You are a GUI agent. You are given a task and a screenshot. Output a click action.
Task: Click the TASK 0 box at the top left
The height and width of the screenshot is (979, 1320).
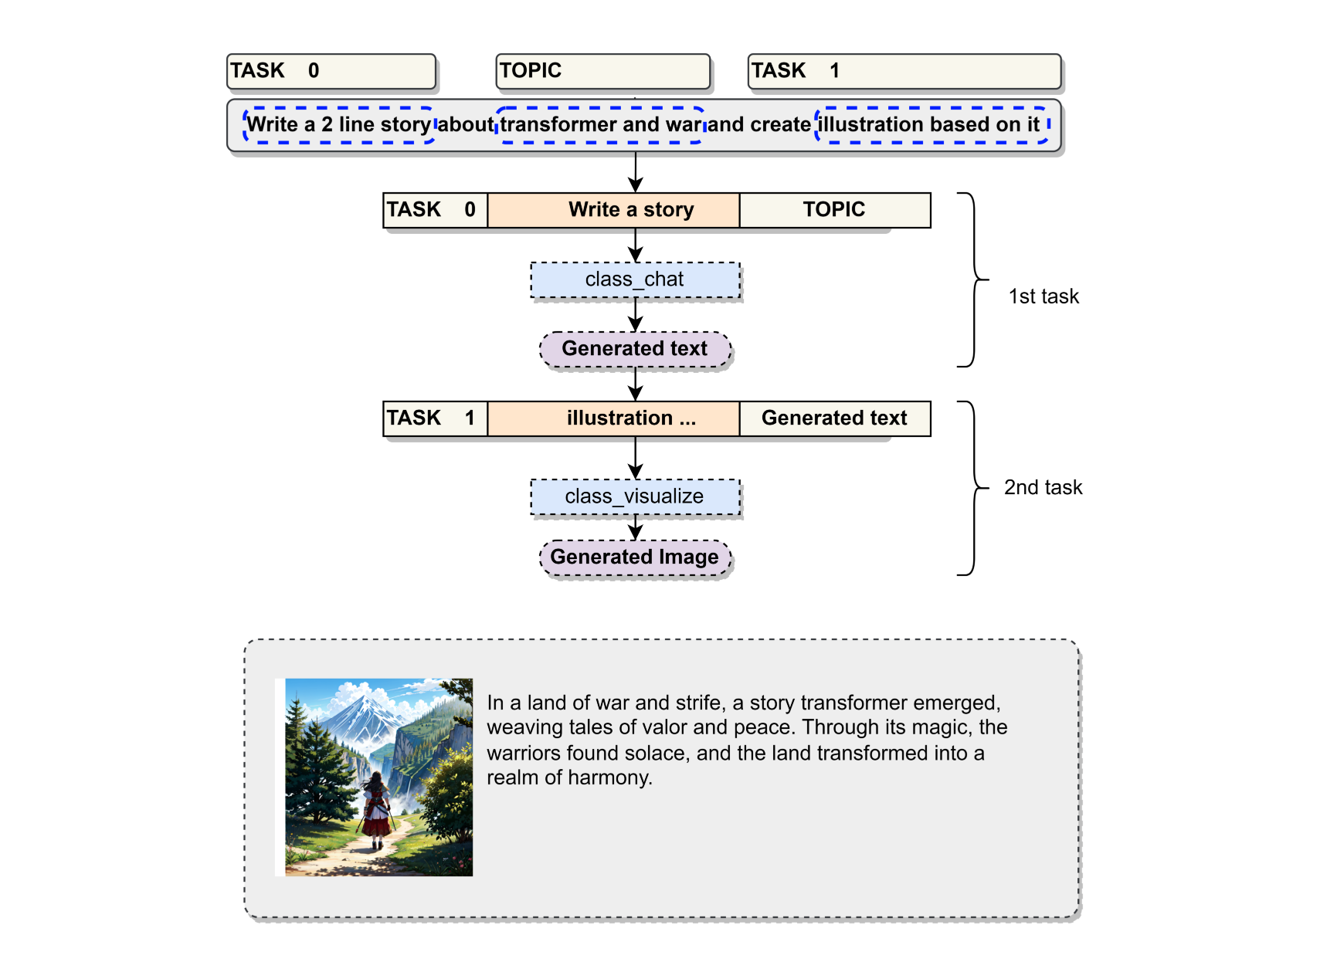click(x=331, y=71)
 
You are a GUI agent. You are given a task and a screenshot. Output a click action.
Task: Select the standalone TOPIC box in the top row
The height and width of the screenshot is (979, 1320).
click(x=602, y=71)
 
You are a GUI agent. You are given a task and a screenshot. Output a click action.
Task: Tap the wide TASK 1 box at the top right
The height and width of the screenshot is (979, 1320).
click(x=904, y=71)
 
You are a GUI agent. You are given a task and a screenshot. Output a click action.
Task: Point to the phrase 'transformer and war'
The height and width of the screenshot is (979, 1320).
click(x=600, y=124)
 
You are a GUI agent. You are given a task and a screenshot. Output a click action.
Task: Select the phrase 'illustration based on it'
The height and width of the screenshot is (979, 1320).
click(x=929, y=124)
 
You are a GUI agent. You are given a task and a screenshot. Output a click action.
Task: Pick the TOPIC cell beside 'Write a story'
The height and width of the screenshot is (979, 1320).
click(x=834, y=210)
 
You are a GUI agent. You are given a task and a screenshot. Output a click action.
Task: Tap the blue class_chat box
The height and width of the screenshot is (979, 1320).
click(x=635, y=279)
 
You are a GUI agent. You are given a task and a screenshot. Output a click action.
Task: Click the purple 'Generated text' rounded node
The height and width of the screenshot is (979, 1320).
click(x=635, y=349)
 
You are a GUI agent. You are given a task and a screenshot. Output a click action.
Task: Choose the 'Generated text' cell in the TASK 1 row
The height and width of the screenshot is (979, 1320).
click(x=834, y=418)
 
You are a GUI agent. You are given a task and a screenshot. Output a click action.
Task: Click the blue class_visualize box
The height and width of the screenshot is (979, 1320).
click(x=635, y=496)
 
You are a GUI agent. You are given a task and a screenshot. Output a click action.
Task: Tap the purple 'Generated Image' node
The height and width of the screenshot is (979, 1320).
click(x=635, y=557)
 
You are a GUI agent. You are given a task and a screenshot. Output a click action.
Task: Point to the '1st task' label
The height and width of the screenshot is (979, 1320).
click(x=1043, y=296)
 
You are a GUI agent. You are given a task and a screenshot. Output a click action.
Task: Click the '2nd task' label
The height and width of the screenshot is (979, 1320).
click(x=1043, y=487)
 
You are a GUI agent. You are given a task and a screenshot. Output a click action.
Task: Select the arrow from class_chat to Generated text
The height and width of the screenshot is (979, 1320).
click(x=635, y=315)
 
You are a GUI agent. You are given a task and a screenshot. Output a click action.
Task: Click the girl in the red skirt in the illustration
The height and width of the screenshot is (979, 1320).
click(x=376, y=811)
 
